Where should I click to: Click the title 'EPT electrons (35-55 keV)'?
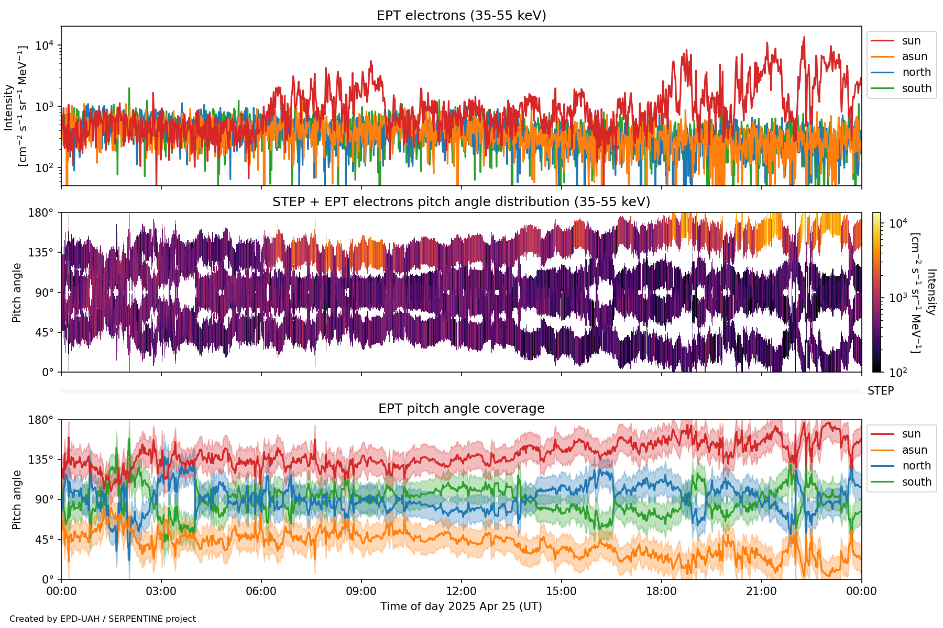(x=461, y=16)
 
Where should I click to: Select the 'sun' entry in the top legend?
(x=911, y=41)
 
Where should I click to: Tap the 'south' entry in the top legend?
(x=916, y=88)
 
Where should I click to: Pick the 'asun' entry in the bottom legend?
(x=914, y=450)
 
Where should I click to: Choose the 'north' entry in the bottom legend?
(x=916, y=466)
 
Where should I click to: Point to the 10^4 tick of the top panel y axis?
(x=46, y=46)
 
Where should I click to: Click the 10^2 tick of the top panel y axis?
(x=46, y=168)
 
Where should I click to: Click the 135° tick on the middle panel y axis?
(x=43, y=253)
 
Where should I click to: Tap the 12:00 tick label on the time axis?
(x=461, y=591)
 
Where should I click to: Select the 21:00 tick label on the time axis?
(x=761, y=591)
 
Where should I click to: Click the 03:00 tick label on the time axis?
(x=161, y=591)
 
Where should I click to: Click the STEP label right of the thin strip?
(x=881, y=391)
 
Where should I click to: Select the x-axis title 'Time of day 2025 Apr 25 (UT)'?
(x=461, y=607)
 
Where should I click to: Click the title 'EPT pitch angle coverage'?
(x=461, y=409)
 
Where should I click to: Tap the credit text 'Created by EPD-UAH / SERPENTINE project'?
(x=103, y=619)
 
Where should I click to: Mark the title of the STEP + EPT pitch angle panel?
(x=461, y=202)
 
